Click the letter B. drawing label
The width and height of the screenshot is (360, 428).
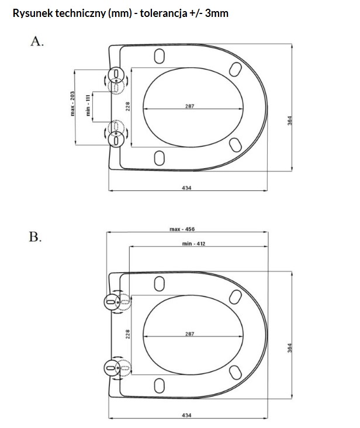point(36,238)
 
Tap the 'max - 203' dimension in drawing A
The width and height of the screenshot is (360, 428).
point(72,104)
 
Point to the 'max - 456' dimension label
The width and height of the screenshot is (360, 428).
point(182,229)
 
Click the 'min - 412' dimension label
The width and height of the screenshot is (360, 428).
point(193,243)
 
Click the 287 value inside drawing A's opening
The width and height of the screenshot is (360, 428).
point(189,106)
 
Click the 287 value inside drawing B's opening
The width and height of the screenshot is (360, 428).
point(189,333)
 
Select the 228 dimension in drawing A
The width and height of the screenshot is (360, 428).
point(127,106)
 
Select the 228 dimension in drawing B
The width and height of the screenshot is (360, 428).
point(128,333)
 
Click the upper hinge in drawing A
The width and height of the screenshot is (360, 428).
point(116,75)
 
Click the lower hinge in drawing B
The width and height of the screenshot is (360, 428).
point(111,367)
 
